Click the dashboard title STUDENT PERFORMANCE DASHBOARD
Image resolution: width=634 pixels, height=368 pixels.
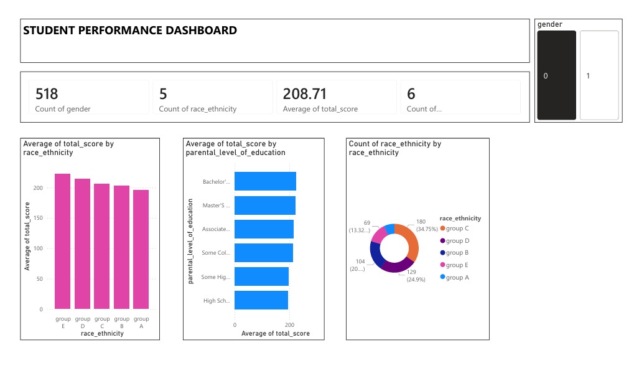pos(130,30)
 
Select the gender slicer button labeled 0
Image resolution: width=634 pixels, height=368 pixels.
pos(556,75)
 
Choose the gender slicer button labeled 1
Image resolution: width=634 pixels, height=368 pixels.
pos(599,75)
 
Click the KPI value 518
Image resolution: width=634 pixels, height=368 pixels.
pos(47,94)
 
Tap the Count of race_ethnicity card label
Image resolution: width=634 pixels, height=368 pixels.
pos(198,109)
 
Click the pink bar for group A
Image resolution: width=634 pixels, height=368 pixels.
pos(141,249)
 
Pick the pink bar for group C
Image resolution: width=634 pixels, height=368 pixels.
pos(102,246)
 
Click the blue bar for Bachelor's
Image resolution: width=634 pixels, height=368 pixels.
pos(265,181)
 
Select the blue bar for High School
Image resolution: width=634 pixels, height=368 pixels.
pos(261,300)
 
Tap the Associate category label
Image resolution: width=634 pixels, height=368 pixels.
pos(217,229)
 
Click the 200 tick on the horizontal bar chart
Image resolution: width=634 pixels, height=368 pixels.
pos(289,325)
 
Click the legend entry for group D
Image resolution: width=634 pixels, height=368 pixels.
pos(457,241)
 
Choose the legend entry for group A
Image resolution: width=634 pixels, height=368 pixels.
pos(457,277)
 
